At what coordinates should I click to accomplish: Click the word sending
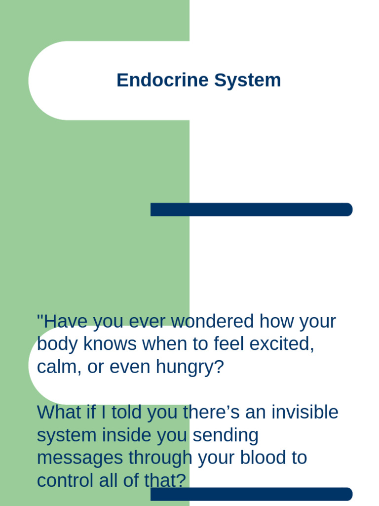click(x=225, y=435)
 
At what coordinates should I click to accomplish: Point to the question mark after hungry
click(x=219, y=367)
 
